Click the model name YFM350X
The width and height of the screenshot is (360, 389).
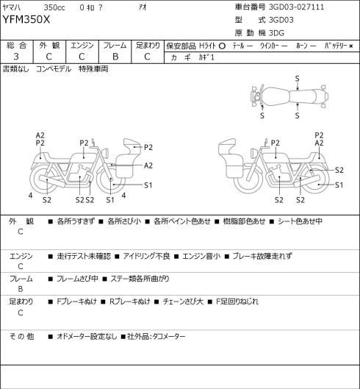[26, 19]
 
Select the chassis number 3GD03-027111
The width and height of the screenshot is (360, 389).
[297, 7]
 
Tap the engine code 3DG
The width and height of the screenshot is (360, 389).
[277, 33]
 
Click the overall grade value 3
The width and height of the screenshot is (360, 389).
[16, 57]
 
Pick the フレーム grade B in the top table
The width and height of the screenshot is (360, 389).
[115, 57]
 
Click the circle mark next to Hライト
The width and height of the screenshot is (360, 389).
[222, 46]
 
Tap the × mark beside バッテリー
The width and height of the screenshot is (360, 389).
[351, 46]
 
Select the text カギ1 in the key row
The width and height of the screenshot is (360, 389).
[206, 57]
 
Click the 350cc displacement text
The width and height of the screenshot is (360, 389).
[54, 7]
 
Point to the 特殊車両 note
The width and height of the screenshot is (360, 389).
[93, 68]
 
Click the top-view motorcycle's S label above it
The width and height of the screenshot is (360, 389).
[297, 79]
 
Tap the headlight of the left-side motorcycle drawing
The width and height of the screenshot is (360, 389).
[106, 152]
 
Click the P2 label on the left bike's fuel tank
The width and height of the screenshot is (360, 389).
[84, 143]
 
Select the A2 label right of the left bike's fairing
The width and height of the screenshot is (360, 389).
[148, 165]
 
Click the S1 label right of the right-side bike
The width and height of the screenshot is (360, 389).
[339, 185]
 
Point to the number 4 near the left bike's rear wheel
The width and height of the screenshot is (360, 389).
[30, 196]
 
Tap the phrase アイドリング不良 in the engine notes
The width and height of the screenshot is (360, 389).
[146, 256]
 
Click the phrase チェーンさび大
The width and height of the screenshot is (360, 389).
[183, 301]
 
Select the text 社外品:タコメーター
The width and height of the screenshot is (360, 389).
[156, 336]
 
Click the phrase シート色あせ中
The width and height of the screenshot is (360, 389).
[300, 221]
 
